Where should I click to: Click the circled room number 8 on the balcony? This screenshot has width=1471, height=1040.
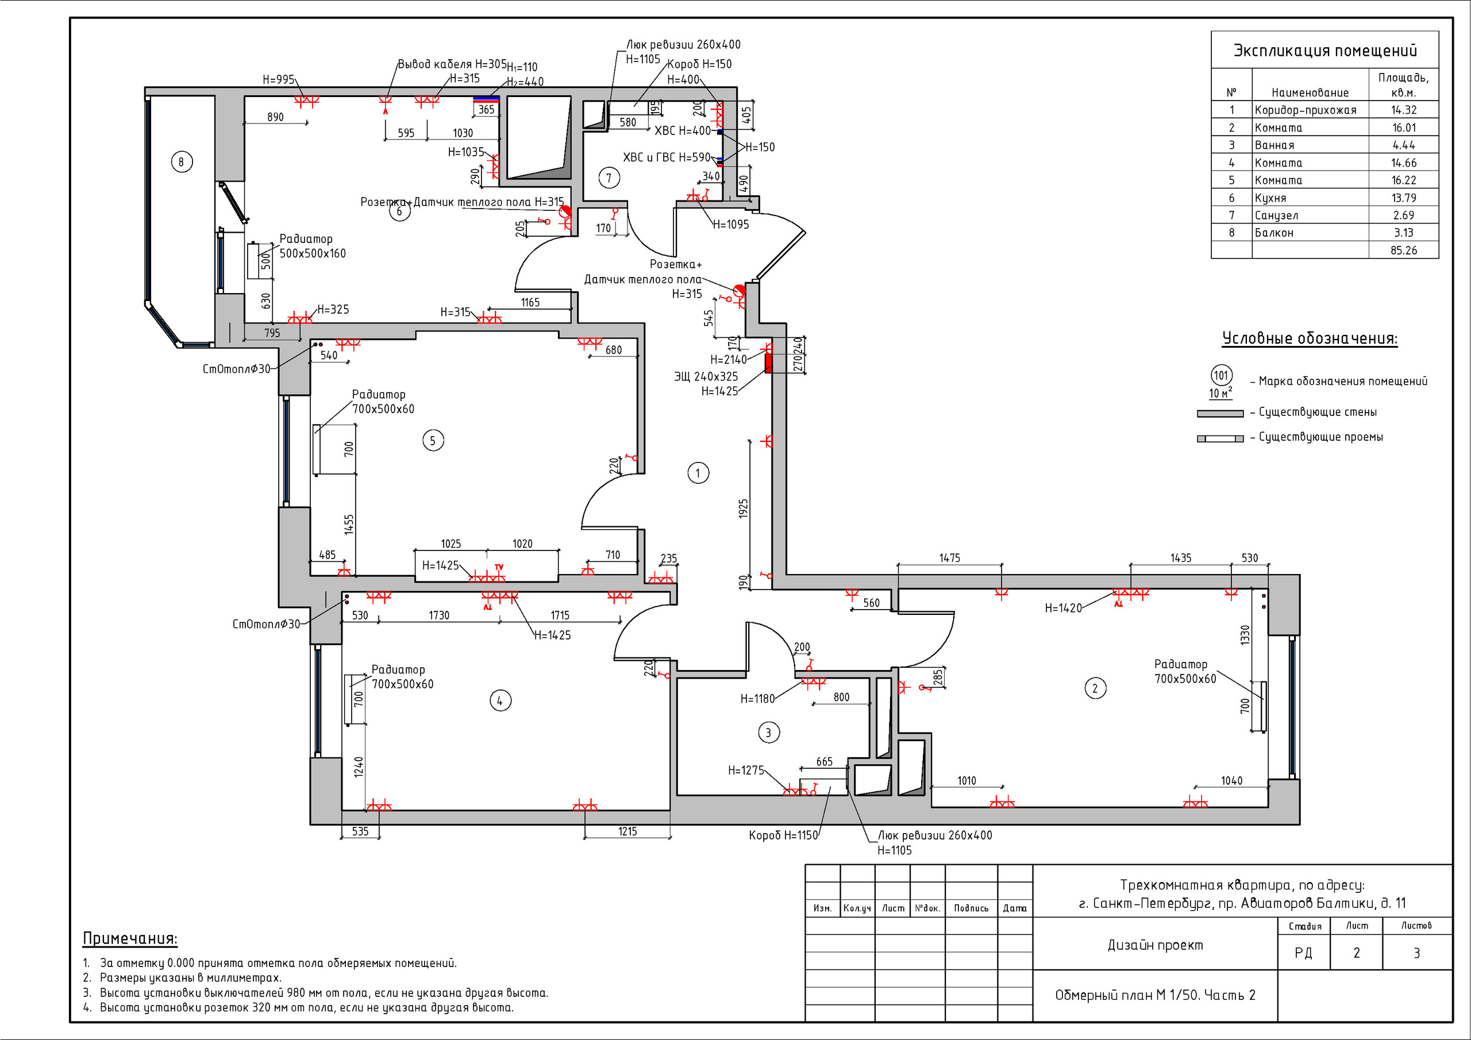point(182,162)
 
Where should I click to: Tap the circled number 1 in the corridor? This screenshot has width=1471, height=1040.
point(698,473)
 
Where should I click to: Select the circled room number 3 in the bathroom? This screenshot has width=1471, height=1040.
point(769,733)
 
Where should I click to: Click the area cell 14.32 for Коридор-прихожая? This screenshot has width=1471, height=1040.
point(1404,110)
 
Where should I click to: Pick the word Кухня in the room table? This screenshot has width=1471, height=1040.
point(1270,198)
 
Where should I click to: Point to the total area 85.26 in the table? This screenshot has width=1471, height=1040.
point(1404,251)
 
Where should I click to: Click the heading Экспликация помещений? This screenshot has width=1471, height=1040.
point(1325,51)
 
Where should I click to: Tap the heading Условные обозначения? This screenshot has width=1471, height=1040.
point(1310,338)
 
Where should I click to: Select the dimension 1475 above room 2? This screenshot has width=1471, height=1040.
point(949,558)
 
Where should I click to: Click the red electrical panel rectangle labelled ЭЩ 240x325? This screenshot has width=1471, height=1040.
point(768,363)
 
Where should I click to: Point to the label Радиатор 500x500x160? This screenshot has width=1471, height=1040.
point(312,246)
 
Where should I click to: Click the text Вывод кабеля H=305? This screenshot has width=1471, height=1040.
point(452,64)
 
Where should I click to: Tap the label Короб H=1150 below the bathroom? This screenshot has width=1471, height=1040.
point(784,835)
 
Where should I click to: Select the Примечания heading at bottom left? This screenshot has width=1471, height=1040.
point(130,939)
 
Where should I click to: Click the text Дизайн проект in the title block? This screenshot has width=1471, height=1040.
point(1155,945)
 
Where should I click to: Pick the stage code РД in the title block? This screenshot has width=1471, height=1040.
point(1303,953)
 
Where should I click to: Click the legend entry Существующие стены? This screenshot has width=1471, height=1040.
point(1317,412)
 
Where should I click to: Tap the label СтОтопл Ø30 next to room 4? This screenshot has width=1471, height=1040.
point(266,624)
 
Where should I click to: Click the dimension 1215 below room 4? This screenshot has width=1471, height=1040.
point(627,832)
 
